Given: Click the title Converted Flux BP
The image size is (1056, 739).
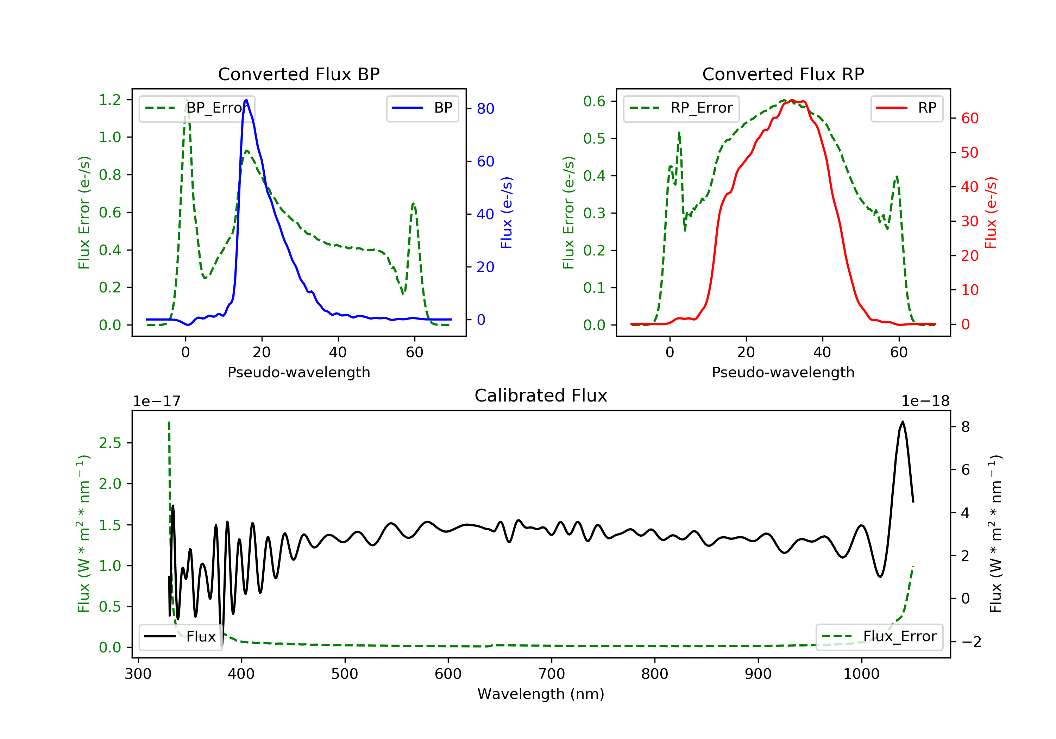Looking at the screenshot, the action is point(299,74).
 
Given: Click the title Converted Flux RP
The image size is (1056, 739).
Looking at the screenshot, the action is point(783,74).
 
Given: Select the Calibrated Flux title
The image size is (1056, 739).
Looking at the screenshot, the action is point(541,396).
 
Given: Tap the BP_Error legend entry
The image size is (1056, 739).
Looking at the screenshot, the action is point(197,108).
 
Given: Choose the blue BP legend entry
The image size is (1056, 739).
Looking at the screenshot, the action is point(422,108).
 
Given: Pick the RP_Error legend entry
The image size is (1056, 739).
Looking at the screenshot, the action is point(681,108).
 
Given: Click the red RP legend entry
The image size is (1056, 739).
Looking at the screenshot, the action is point(906,108).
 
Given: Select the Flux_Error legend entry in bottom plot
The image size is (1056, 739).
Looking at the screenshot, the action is point(879,637).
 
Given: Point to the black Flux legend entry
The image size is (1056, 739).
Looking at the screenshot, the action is point(180,637).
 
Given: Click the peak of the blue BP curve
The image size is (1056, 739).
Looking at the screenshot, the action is point(246,100).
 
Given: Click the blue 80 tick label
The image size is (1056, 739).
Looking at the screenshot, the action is point(486,108).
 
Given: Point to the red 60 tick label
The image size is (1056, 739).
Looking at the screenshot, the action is point(970,118).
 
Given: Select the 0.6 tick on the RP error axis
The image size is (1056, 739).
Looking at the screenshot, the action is point(594,101).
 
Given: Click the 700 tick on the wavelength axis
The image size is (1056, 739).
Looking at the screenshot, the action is point(552,674).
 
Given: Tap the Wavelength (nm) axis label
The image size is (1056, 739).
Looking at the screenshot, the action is point(541,694).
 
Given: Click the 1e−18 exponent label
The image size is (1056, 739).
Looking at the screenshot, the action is point(925,401).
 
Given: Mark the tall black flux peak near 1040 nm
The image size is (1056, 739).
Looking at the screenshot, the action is point(903,422).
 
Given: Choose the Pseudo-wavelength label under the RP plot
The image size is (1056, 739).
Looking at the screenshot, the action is point(783,372).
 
